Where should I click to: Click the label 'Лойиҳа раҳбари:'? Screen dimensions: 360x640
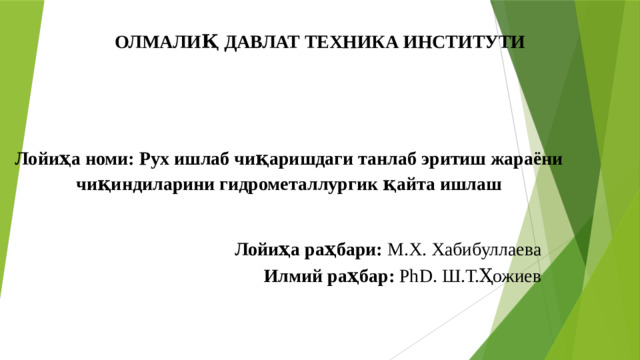pyautogui.click(x=307, y=248)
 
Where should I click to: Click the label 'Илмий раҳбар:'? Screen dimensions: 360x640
pyautogui.click(x=329, y=276)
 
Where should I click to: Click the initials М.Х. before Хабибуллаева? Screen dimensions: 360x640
pyautogui.click(x=405, y=248)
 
